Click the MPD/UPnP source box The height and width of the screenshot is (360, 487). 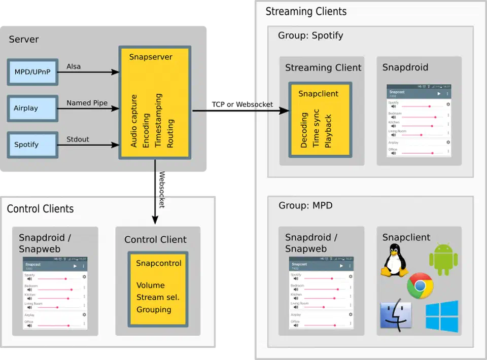pos(32,72)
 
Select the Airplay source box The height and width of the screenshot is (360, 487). pos(32,108)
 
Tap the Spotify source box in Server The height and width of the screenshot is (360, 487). pos(32,145)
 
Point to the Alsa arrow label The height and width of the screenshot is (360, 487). pos(74,66)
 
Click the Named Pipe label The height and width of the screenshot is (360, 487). pos(87,103)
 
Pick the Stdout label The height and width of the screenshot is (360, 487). pos(78,139)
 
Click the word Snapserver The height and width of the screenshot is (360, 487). pos(151,57)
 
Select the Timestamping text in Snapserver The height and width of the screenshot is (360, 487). pos(158,120)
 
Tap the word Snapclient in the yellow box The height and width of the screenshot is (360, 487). pos(318,93)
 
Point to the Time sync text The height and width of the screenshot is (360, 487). pos(316,128)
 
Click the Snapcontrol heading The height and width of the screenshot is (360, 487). pos(158,263)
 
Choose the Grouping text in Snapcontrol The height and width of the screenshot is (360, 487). pos(154,309)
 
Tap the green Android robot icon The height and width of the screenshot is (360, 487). pos(443,259)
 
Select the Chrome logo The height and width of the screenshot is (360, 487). pos(420,286)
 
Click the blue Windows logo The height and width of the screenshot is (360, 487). pos(441,316)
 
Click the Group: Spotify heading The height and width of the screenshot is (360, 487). pos(310,35)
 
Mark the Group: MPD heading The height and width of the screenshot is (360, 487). pos(305,205)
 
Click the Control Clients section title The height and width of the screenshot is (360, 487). pos(40,209)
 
